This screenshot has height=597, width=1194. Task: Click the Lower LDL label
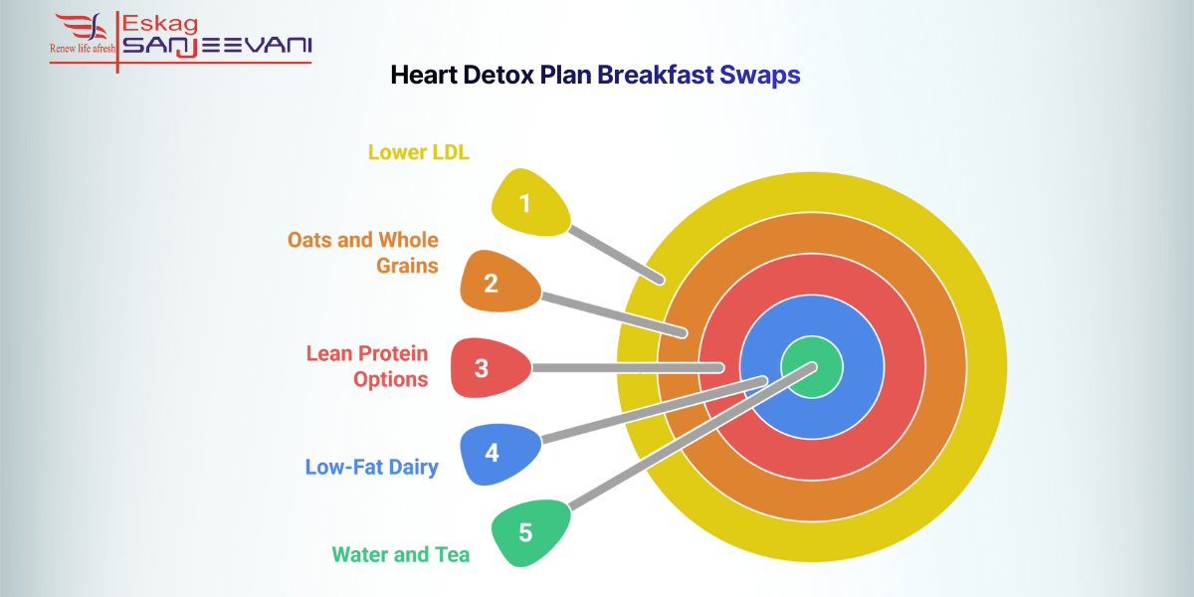(x=418, y=152)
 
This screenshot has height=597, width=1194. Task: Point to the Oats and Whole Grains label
(x=364, y=253)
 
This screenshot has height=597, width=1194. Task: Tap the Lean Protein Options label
(x=367, y=366)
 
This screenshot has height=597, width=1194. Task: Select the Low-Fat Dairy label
(x=372, y=467)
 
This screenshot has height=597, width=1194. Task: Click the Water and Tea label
(x=401, y=554)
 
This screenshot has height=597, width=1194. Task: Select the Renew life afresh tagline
(x=83, y=47)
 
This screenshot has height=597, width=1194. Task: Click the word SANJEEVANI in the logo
(x=217, y=46)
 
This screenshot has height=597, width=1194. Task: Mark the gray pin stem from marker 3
(x=627, y=367)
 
